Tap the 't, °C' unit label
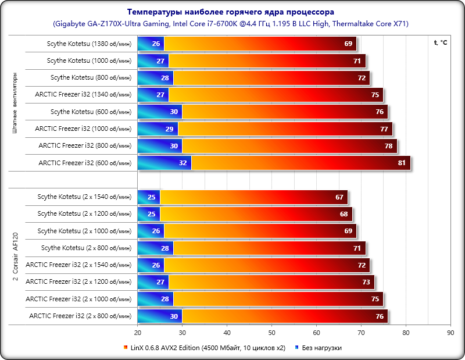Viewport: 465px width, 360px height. [440, 42]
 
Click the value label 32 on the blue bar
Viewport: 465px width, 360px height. [183, 163]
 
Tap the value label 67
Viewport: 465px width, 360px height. [339, 197]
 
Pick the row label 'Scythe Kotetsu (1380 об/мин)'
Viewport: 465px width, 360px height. [89, 44]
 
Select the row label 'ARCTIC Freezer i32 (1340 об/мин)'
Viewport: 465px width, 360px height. [83, 95]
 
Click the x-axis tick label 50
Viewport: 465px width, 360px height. [271, 333]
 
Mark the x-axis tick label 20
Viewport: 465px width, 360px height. [138, 333]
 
